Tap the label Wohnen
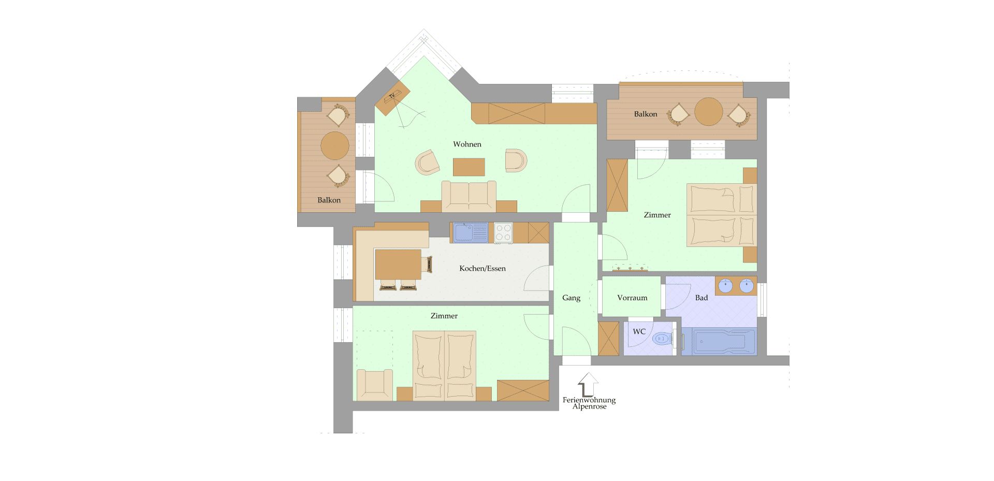467,144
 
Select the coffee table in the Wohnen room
469,167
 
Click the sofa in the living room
469,196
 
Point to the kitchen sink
471,232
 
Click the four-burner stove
503,232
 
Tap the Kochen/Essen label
483,269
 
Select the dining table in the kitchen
398,265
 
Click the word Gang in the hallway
572,298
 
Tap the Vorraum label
632,298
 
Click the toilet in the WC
662,339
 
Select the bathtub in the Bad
719,342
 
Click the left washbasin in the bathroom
725,285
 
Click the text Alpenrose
589,407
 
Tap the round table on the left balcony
335,145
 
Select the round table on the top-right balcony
709,112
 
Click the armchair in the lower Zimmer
375,385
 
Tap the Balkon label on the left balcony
329,200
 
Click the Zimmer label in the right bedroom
657,215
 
